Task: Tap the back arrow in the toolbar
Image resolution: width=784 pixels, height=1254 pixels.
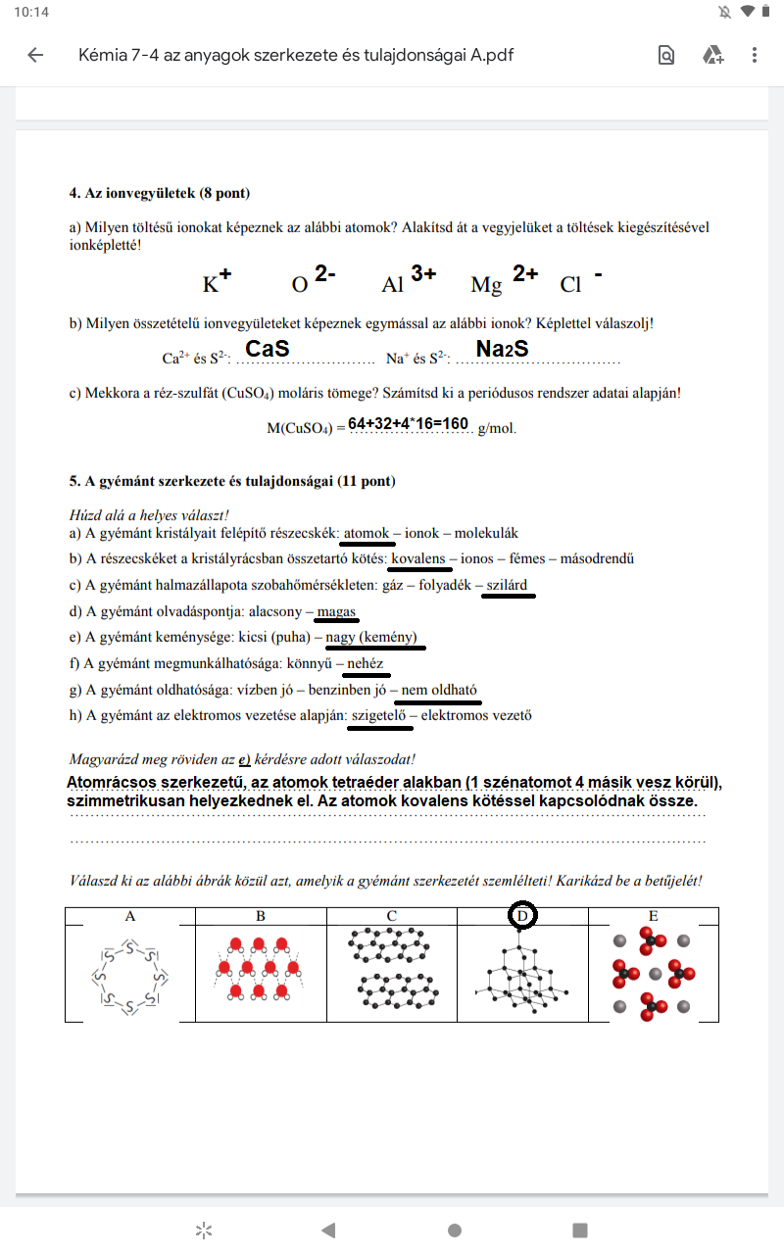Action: (36, 55)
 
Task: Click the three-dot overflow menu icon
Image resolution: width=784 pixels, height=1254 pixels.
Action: (754, 55)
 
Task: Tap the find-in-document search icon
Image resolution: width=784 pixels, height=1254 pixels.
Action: (666, 55)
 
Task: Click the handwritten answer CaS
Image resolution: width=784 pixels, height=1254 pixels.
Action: (267, 349)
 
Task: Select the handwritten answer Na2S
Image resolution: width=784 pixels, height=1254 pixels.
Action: (502, 349)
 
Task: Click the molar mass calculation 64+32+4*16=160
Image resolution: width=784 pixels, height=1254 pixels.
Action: (408, 423)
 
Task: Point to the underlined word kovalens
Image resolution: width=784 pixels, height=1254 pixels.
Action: (418, 559)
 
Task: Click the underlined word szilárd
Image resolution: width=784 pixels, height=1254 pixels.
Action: (507, 585)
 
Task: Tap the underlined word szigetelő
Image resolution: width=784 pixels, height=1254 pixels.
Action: (378, 715)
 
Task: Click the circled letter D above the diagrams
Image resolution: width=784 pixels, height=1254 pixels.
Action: (523, 916)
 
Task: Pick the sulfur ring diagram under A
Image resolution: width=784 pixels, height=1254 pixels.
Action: (129, 976)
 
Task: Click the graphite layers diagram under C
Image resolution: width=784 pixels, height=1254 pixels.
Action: (391, 970)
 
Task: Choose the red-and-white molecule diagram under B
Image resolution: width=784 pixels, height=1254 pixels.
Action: (260, 970)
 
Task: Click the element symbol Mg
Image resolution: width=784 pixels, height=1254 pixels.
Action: (486, 285)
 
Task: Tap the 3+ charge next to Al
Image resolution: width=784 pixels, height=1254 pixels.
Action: (423, 274)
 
